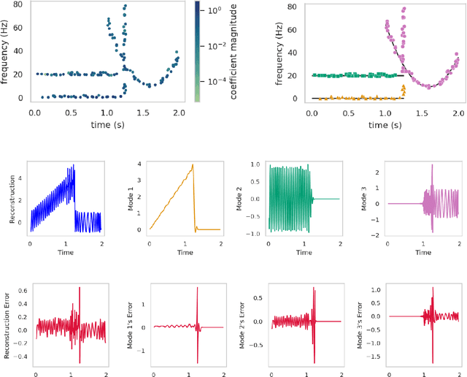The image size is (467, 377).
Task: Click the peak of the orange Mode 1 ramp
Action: pyautogui.click(x=192, y=165)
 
